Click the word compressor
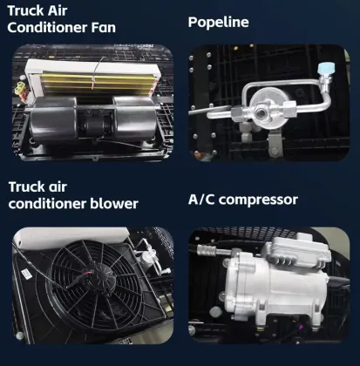(x=259, y=200)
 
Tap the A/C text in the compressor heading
(x=202, y=200)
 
